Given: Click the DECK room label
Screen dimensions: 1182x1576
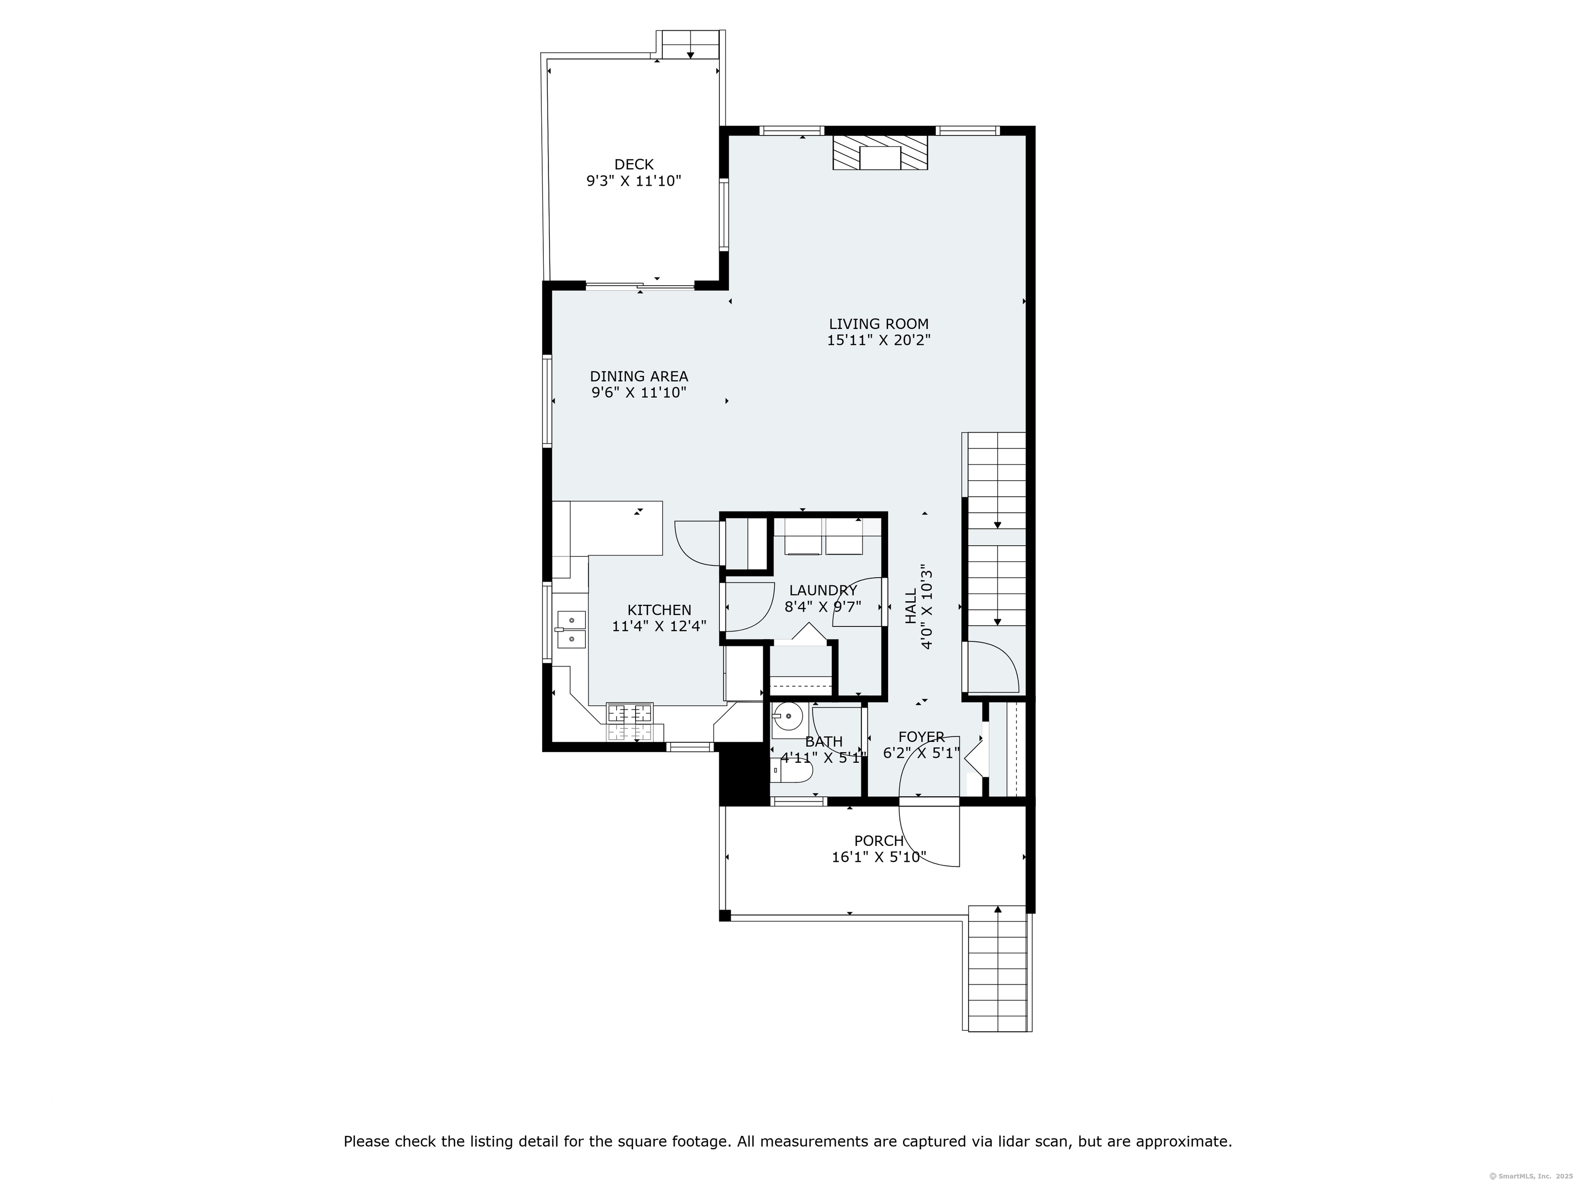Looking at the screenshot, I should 634,165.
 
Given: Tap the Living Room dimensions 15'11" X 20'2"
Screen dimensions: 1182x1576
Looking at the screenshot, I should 878,341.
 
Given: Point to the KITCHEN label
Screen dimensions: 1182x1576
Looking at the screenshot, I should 659,610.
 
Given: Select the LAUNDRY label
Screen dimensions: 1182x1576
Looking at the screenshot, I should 823,590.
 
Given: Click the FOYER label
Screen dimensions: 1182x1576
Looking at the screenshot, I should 921,737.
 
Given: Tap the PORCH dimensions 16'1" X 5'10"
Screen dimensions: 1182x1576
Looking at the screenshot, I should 878,857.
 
